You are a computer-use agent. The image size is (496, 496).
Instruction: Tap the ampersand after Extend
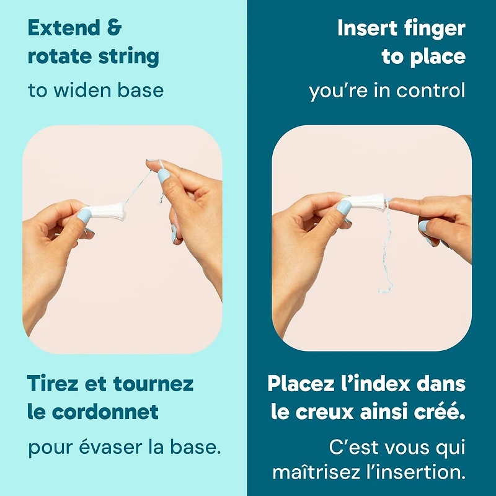click(114, 28)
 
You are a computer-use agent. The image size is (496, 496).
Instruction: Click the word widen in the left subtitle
click(82, 90)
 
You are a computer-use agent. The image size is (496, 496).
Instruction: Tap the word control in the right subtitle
click(431, 90)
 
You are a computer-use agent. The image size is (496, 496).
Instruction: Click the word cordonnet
click(105, 412)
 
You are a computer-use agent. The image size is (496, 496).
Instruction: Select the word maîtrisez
click(317, 472)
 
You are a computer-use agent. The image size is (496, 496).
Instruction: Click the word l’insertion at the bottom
click(415, 472)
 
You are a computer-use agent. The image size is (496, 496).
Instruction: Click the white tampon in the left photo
click(107, 211)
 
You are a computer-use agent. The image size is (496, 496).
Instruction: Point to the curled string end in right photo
click(384, 289)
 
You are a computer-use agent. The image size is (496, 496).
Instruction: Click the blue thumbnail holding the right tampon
click(344, 208)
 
